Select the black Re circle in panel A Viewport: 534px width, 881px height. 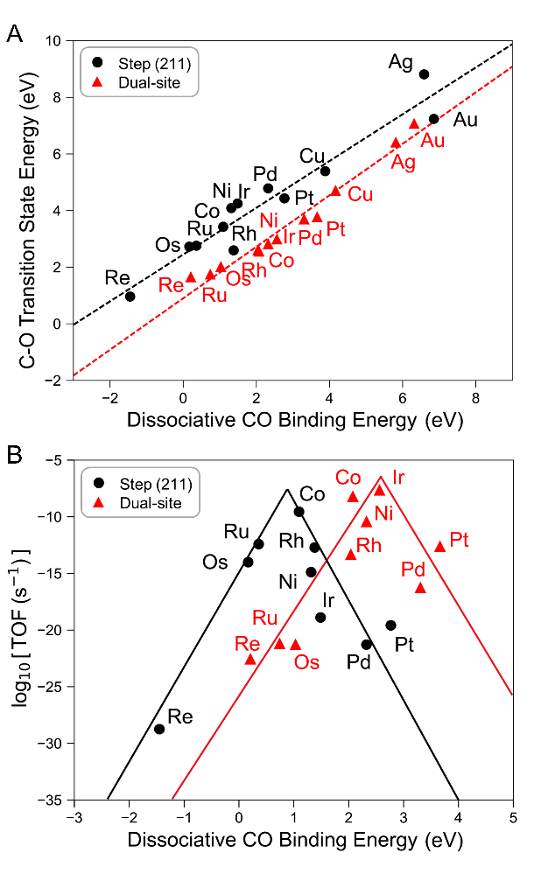(x=130, y=297)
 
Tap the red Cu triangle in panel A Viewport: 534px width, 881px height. (x=335, y=191)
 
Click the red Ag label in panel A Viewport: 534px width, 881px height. (x=404, y=162)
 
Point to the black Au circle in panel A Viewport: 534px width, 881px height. (x=433, y=119)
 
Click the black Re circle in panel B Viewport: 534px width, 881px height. (x=159, y=729)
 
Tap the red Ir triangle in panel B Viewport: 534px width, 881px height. (x=379, y=490)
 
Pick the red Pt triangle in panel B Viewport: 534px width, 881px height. (x=439, y=546)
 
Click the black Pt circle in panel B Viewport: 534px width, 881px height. (x=390, y=625)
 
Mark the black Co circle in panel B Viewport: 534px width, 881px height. (x=299, y=512)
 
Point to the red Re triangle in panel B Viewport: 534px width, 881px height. (x=250, y=659)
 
